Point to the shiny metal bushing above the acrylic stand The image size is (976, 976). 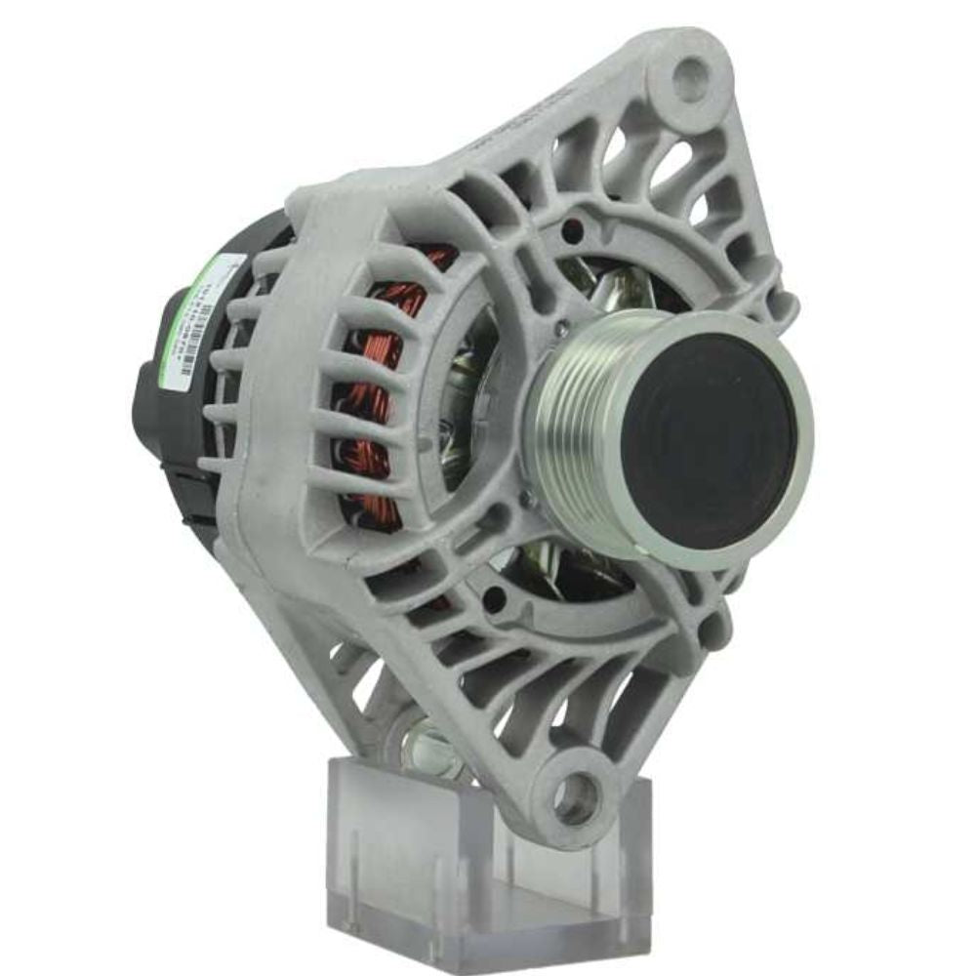[429, 747]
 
